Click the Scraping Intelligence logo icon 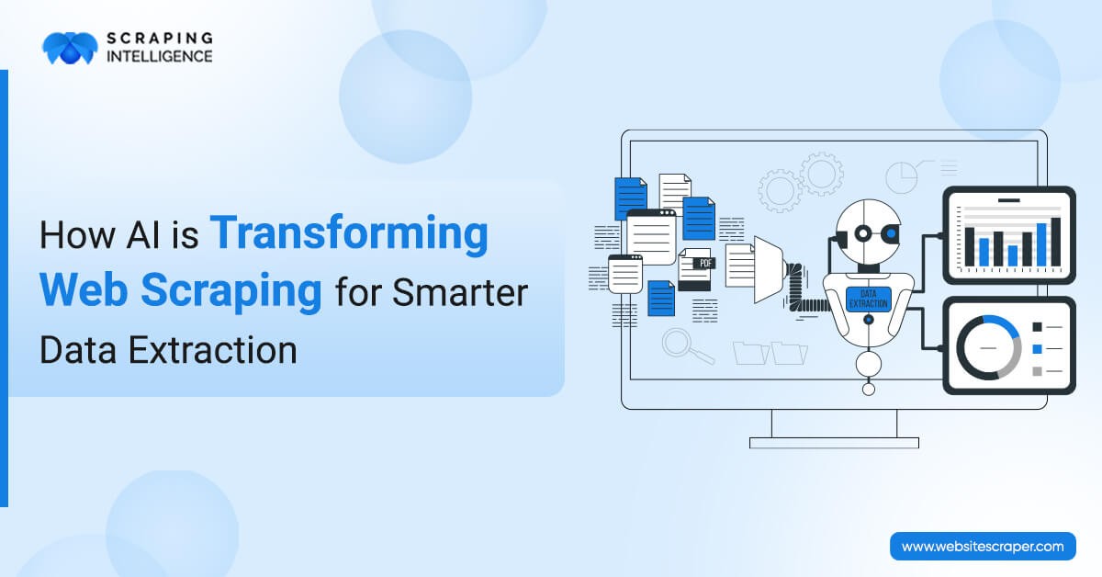click(70, 49)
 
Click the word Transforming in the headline click(349, 235)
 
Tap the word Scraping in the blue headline click(231, 292)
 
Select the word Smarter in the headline click(460, 292)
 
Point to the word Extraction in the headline click(213, 350)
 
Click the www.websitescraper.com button click(983, 546)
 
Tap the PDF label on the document click(705, 264)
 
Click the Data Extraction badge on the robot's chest click(869, 300)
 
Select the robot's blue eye click(891, 232)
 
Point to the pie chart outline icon click(901, 177)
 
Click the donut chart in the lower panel click(988, 347)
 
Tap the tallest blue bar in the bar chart click(1041, 244)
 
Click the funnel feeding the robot click(769, 270)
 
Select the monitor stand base click(834, 443)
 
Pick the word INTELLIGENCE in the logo click(160, 56)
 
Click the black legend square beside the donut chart click(1037, 327)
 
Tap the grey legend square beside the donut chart click(1037, 371)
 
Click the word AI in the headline click(143, 235)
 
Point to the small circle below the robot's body click(869, 390)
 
